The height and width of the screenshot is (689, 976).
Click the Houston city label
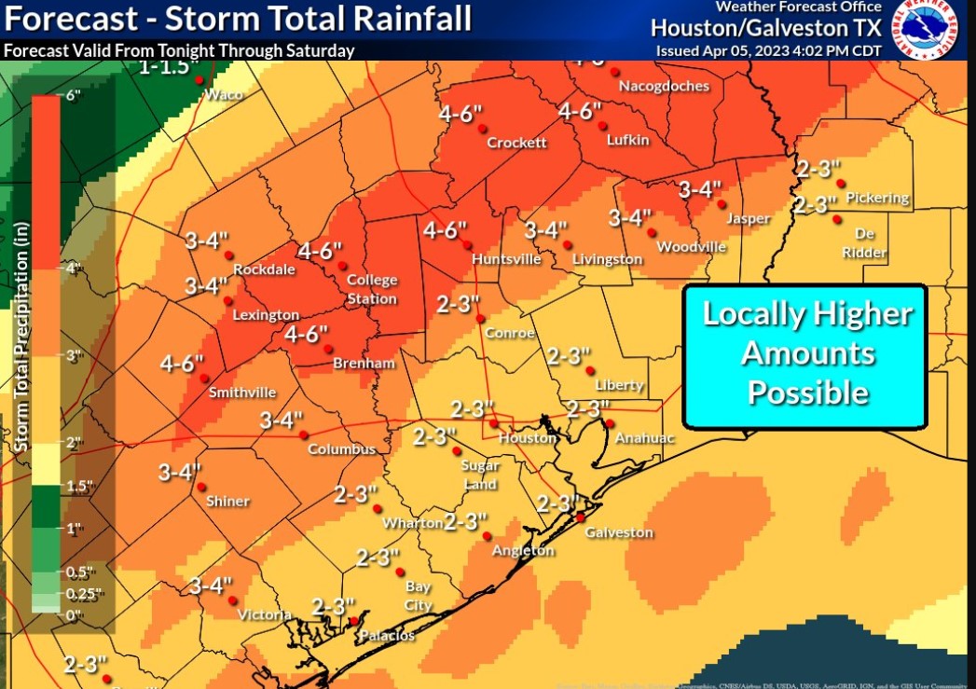tap(528, 438)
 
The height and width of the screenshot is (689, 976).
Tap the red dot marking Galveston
tap(580, 517)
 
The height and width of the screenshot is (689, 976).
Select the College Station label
tap(372, 289)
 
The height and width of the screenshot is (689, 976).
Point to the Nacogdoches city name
tap(664, 86)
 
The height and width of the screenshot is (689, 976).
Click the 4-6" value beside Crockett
tap(461, 114)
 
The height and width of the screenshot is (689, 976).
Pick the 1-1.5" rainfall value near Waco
tap(165, 67)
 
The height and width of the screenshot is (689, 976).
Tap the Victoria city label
tap(265, 614)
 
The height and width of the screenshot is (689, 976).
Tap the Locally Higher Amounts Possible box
tap(805, 354)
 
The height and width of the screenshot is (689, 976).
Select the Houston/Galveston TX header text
tap(765, 29)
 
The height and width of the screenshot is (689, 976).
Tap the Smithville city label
tap(242, 392)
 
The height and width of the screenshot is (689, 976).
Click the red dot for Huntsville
tap(466, 244)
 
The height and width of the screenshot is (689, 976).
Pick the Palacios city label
tap(387, 636)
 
